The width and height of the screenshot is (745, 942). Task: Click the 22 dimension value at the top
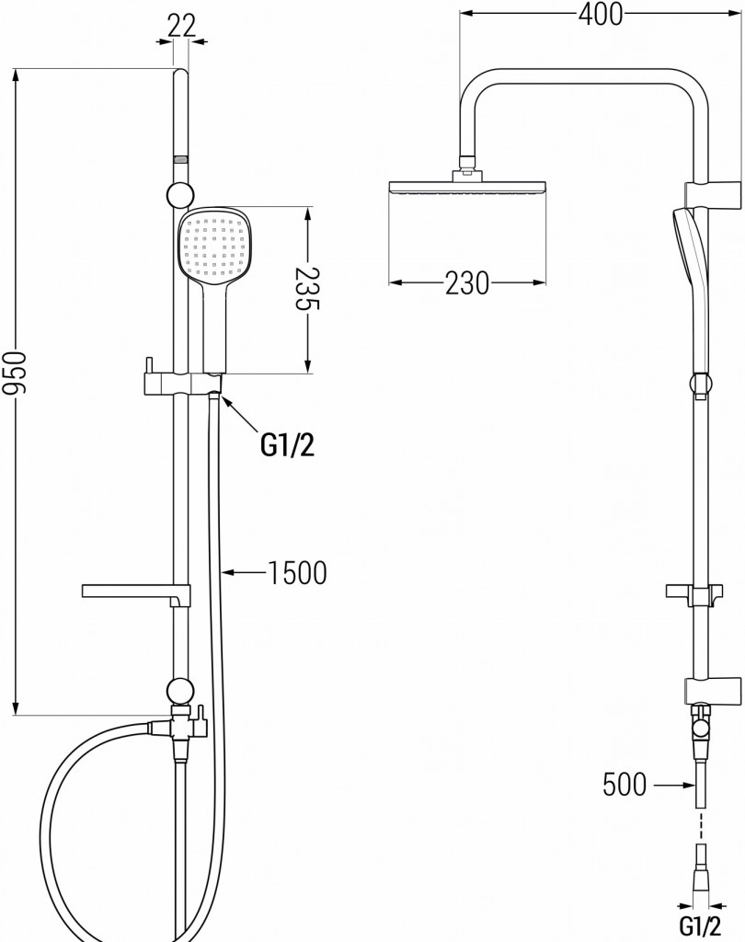(x=182, y=26)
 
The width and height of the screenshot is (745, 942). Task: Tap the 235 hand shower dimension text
(x=307, y=290)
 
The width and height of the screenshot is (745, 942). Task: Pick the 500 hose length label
(x=624, y=785)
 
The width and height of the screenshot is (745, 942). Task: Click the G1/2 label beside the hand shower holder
(x=287, y=445)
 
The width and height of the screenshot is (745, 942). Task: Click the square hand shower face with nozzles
(x=212, y=244)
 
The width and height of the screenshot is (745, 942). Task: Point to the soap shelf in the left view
(x=133, y=591)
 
